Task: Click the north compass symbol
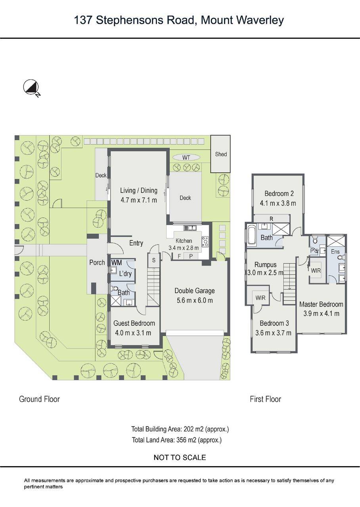(x=30, y=87)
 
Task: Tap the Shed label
(x=221, y=154)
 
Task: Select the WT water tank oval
(x=186, y=158)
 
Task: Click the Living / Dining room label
(x=138, y=191)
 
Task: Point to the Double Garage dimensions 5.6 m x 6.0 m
(x=194, y=300)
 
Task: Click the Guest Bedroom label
(x=134, y=323)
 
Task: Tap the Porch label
(x=97, y=262)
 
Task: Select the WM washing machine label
(x=117, y=263)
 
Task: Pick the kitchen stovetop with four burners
(x=205, y=241)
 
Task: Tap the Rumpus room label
(x=265, y=265)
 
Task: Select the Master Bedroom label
(x=321, y=304)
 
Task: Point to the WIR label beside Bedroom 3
(x=260, y=297)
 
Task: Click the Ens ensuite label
(x=335, y=252)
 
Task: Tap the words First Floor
(x=265, y=399)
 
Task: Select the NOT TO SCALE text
(x=180, y=457)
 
